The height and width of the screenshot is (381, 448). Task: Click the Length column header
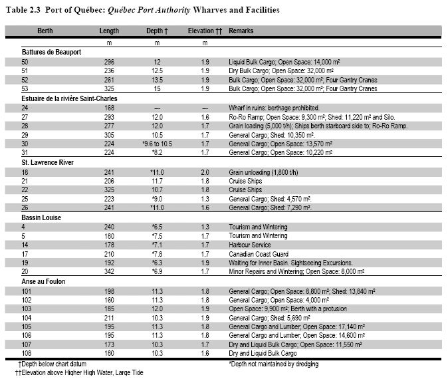point(109,31)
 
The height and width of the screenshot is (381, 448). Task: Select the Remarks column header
point(241,31)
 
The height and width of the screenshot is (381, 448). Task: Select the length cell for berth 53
point(109,88)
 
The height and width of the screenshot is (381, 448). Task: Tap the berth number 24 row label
point(25,107)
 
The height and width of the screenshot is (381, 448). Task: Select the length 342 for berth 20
point(109,272)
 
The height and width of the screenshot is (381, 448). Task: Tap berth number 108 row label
point(27,354)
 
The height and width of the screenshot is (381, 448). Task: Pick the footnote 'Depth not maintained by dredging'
point(274,364)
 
